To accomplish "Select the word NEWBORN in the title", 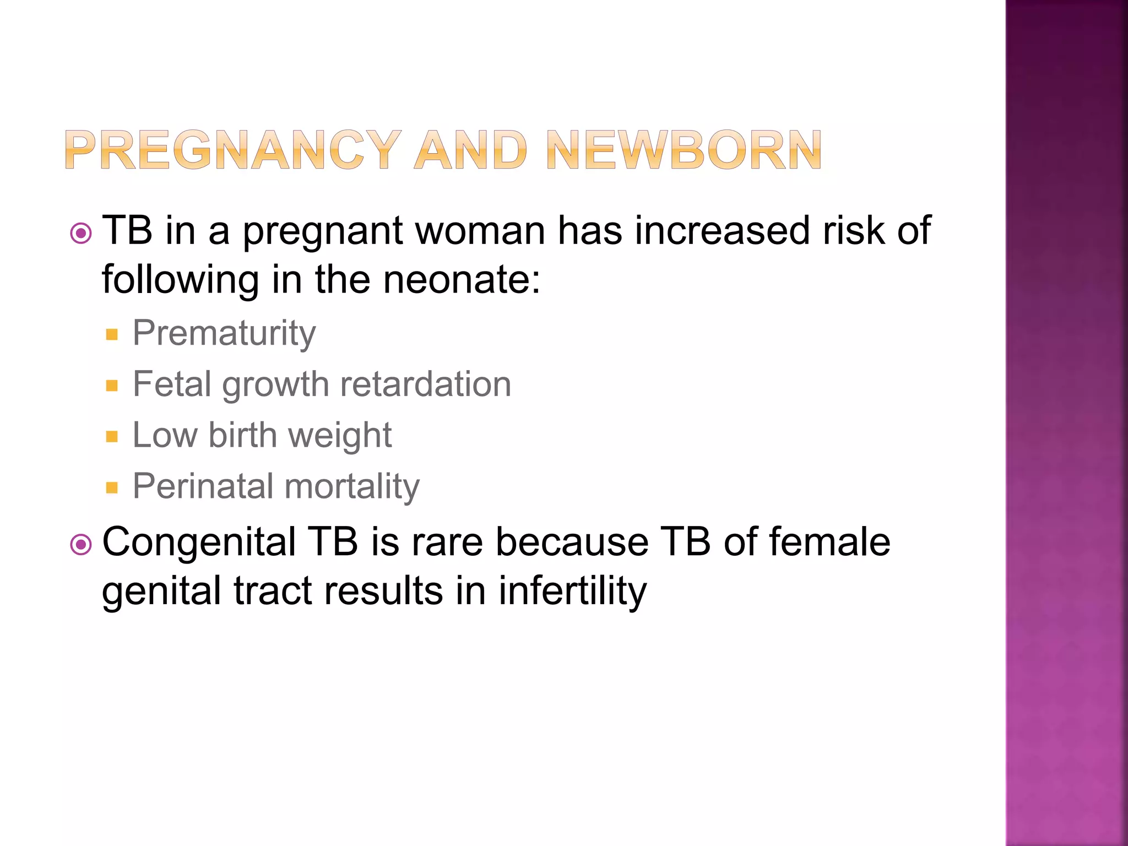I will (x=684, y=150).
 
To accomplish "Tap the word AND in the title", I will (x=471, y=150).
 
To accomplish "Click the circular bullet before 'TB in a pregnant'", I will (x=81, y=234).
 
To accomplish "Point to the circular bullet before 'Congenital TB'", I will (x=81, y=545).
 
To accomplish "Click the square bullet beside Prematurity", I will (x=112, y=334).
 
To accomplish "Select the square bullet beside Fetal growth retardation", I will (x=112, y=386).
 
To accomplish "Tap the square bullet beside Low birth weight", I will (x=112, y=437).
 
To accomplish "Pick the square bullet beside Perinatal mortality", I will (x=112, y=487).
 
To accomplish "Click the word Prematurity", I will (x=224, y=333).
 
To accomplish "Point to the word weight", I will (x=340, y=436).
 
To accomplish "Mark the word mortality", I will (x=352, y=486).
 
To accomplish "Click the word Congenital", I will (x=199, y=543).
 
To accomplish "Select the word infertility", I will (x=572, y=591).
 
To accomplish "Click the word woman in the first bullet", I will (x=480, y=231).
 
